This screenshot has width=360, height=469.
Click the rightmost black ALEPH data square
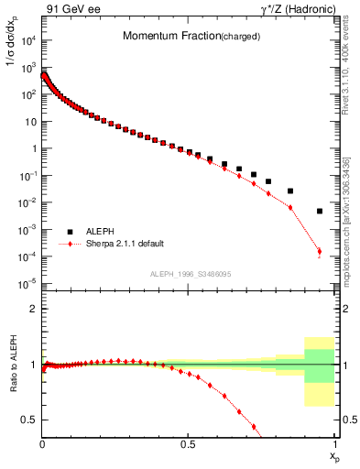320,211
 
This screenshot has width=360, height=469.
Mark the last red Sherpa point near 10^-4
319,251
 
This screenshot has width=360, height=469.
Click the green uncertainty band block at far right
319,365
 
